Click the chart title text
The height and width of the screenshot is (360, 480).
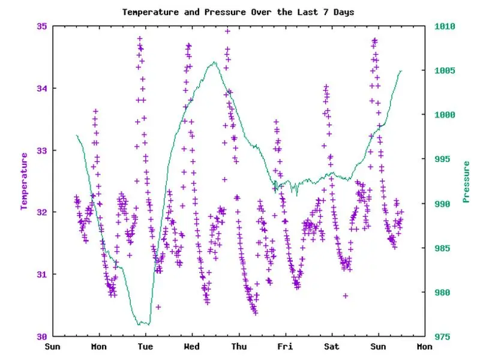point(238,12)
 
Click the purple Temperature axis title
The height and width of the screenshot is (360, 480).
point(25,181)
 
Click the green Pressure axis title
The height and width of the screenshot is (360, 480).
point(466,181)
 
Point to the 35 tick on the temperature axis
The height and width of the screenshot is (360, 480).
point(43,26)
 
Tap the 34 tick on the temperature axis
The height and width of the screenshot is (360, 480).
point(43,88)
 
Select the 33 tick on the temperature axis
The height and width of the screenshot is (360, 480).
point(43,150)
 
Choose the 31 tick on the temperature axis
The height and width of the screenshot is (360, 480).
point(43,274)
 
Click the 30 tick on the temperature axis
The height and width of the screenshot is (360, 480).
point(43,336)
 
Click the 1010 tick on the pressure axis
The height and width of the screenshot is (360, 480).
point(445,26)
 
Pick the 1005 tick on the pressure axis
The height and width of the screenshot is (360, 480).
point(445,71)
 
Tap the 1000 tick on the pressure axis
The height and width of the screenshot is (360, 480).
point(445,115)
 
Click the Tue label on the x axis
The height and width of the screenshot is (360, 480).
point(145,347)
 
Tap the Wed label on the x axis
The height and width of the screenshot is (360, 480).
point(192,347)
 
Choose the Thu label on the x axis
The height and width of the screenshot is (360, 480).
point(239,347)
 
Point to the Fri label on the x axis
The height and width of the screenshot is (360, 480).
point(285,347)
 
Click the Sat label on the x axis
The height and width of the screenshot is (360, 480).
point(331,347)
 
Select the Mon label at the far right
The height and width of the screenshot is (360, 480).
point(424,347)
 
